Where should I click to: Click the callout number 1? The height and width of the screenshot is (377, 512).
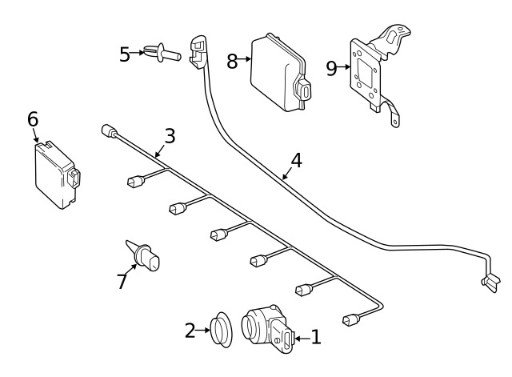click(316, 338)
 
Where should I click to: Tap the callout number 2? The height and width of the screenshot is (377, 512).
click(190, 331)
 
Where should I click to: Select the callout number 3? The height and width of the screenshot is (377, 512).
click(170, 136)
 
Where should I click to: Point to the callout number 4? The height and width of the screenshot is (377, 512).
click(296, 161)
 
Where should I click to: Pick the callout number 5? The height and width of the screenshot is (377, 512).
click(125, 54)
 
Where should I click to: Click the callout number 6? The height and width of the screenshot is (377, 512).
click(33, 119)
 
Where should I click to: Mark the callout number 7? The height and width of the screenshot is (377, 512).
click(122, 281)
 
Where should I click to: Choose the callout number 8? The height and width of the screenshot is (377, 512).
click(232, 61)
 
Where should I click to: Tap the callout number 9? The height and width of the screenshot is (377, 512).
click(331, 69)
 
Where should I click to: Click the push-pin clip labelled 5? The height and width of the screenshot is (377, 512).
click(162, 54)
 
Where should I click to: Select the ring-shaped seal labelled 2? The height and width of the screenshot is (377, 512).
click(221, 329)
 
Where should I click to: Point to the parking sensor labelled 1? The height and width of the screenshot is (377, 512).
click(267, 329)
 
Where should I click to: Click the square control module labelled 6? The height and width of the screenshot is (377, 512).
click(57, 174)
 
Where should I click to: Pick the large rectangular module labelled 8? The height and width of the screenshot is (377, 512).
click(281, 73)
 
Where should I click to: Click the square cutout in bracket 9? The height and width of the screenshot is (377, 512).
click(365, 73)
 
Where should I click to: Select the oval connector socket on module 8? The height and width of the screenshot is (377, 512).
click(306, 92)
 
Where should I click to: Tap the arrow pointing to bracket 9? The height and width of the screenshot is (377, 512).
click(343, 67)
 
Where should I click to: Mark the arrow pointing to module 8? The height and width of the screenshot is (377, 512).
click(244, 59)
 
